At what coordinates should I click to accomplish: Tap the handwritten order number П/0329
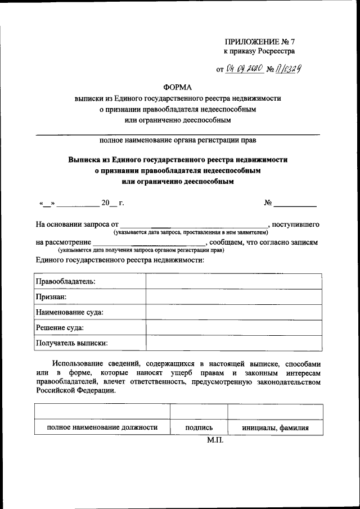290,69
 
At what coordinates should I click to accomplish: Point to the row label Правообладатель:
65,281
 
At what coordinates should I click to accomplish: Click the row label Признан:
51,296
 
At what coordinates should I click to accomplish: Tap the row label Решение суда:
60,327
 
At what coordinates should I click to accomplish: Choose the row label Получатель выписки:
72,343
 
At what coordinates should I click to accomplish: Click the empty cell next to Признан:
234,296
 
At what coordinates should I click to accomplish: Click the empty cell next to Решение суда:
234,327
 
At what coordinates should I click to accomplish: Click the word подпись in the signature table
199,427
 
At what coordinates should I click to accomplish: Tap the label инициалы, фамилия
276,427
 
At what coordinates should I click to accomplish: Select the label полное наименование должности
102,427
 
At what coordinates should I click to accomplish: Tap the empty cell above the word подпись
199,412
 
